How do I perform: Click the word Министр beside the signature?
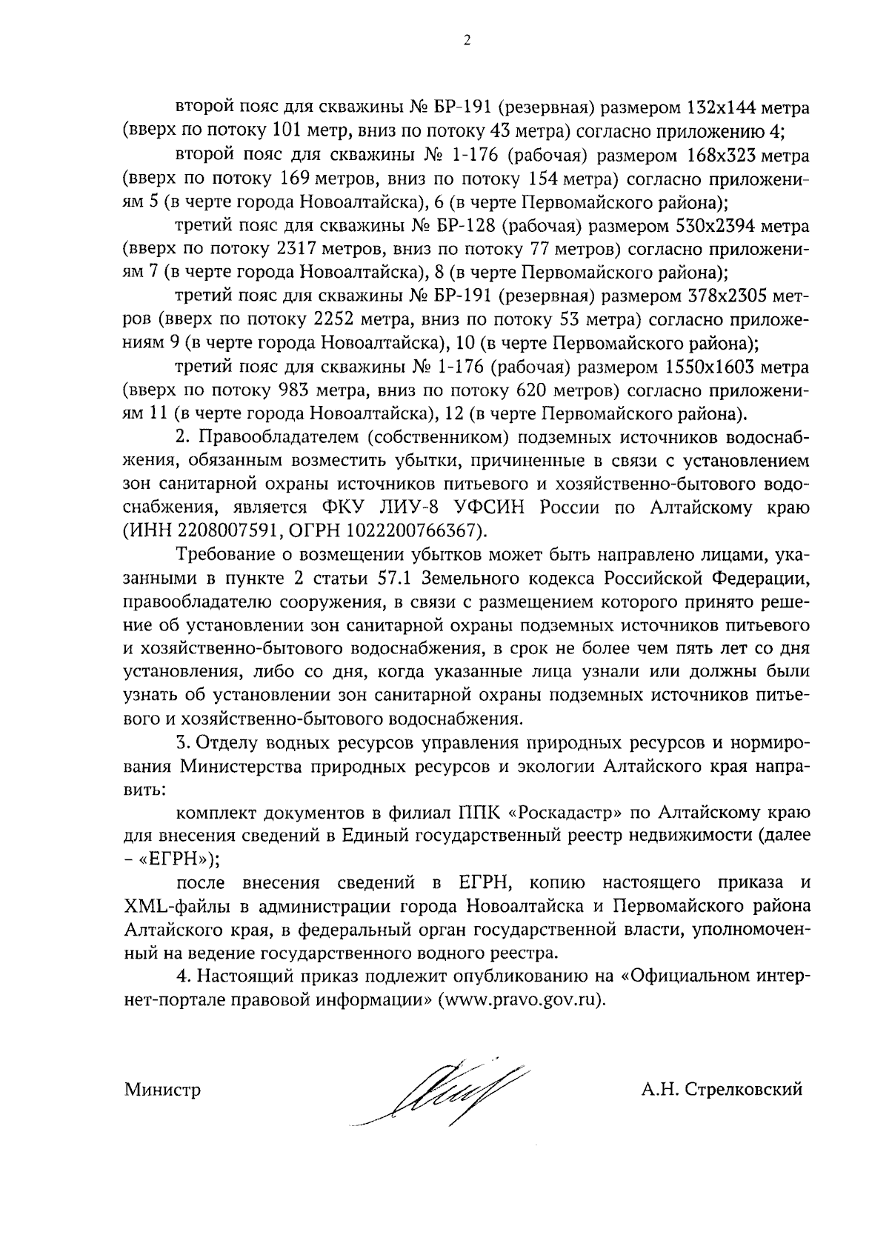tap(162, 1090)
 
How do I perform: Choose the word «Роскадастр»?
tap(566, 812)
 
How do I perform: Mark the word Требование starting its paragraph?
tap(227, 553)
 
